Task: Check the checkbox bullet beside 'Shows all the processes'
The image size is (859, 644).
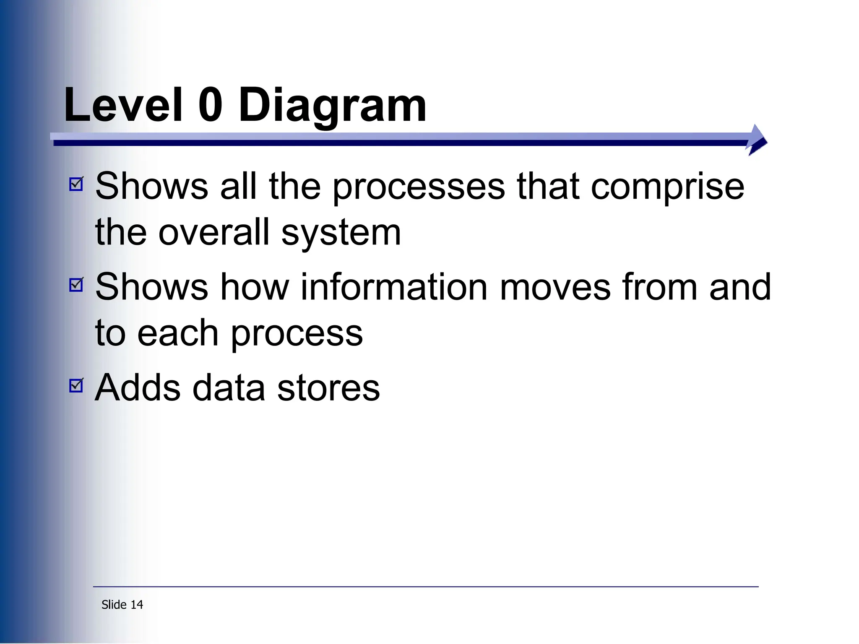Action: pyautogui.click(x=76, y=184)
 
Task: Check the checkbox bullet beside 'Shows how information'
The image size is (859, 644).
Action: pyautogui.click(x=76, y=285)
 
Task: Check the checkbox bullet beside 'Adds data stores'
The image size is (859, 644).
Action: pyautogui.click(x=76, y=385)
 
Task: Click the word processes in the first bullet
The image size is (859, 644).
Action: pyautogui.click(x=419, y=187)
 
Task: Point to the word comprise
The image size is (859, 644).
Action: pyautogui.click(x=667, y=187)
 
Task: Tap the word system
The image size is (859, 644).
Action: pyautogui.click(x=341, y=234)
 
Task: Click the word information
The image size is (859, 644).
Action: pyautogui.click(x=394, y=287)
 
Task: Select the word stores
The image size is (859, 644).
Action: pyautogui.click(x=328, y=388)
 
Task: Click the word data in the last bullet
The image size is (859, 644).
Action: pyautogui.click(x=229, y=388)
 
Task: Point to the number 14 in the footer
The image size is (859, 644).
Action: pyautogui.click(x=137, y=605)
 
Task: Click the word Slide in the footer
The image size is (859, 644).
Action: pyautogui.click(x=114, y=605)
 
